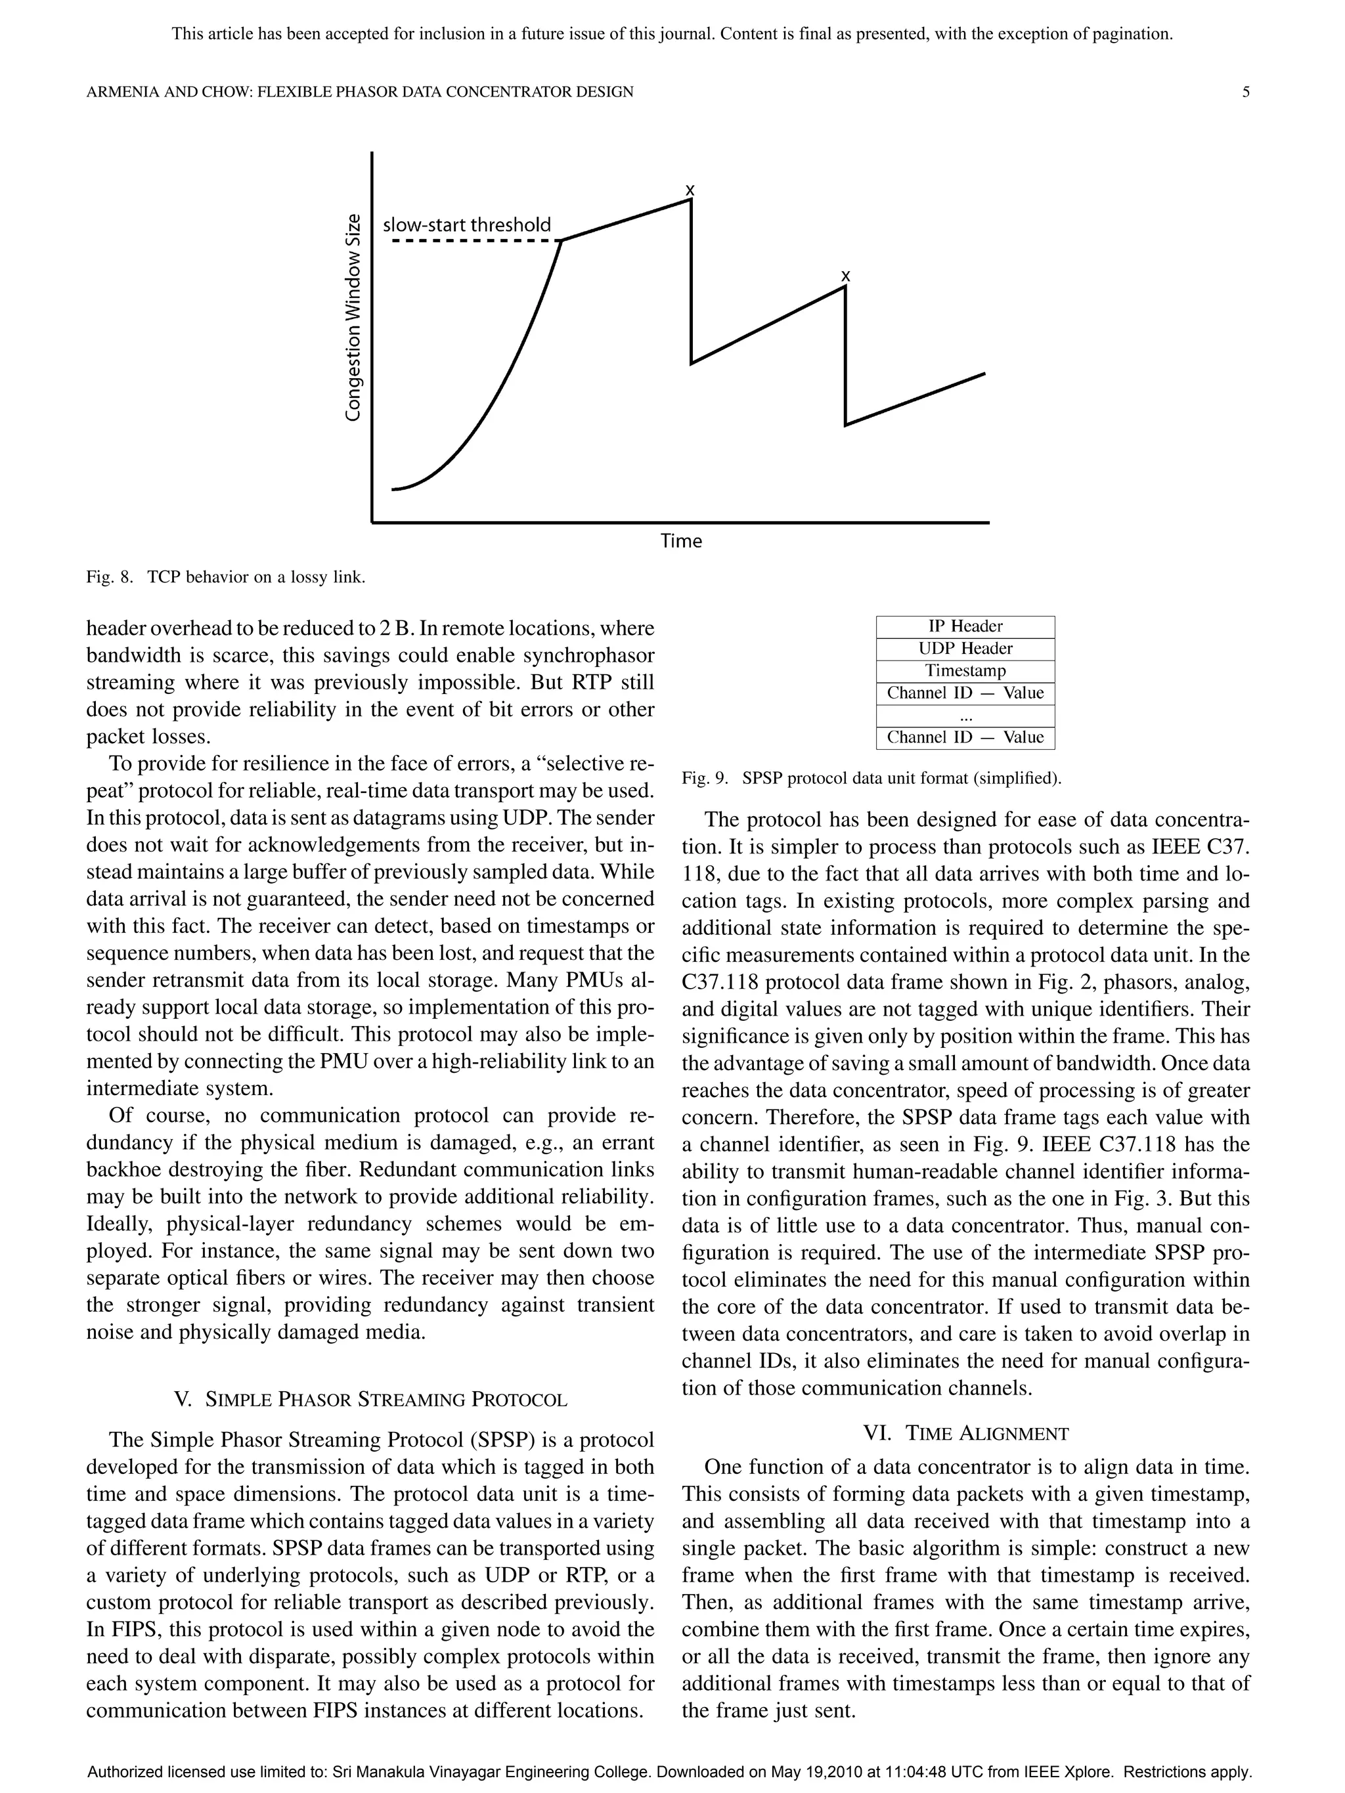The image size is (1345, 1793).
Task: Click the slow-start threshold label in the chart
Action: [x=466, y=225]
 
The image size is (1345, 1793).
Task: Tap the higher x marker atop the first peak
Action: [x=690, y=190]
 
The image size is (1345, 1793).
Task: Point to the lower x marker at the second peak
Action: [x=846, y=276]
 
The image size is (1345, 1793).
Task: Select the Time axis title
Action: [x=681, y=540]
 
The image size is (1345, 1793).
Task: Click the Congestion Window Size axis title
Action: [x=353, y=316]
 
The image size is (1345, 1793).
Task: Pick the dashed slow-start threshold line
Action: [x=474, y=241]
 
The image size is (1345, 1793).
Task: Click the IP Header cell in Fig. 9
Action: [x=965, y=626]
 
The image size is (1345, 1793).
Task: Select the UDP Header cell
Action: [x=965, y=649]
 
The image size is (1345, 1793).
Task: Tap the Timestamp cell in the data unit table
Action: [x=965, y=670]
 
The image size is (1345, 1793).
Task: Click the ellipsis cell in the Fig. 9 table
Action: [x=965, y=716]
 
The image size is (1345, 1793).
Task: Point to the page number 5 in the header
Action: [x=1245, y=93]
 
